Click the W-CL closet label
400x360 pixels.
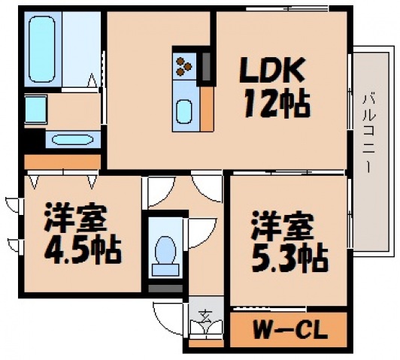[x=289, y=329]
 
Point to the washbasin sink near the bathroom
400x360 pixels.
[x=72, y=140]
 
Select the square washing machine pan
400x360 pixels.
[x=36, y=110]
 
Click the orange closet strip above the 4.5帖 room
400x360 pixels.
[x=62, y=162]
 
